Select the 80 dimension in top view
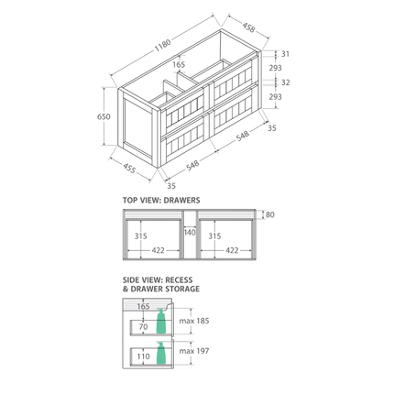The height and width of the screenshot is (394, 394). click(x=268, y=215)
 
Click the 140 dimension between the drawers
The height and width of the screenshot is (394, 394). click(x=190, y=233)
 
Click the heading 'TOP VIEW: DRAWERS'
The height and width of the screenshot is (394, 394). click(x=160, y=200)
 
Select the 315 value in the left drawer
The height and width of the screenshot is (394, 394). click(x=139, y=235)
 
